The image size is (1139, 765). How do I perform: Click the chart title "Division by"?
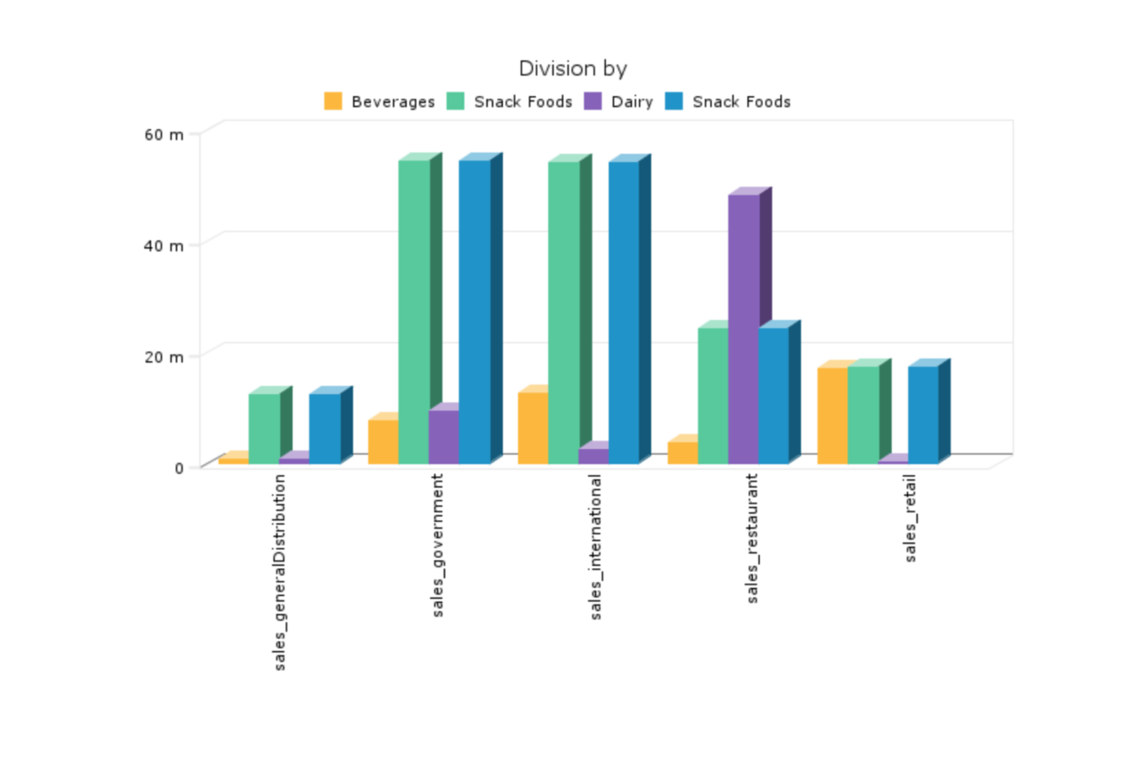click(x=573, y=68)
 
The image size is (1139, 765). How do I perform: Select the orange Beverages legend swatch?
click(x=334, y=101)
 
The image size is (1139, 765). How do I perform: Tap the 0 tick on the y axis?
click(x=179, y=468)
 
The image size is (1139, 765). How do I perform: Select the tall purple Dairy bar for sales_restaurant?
click(x=744, y=328)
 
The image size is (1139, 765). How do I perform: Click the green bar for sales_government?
click(x=414, y=311)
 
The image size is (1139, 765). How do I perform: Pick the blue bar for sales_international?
click(x=624, y=312)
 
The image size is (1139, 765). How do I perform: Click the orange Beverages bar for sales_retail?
click(x=832, y=415)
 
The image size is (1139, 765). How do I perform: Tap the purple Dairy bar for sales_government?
click(x=443, y=436)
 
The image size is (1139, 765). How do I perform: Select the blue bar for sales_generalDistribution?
click(x=325, y=428)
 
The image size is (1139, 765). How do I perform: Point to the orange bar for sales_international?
click(x=532, y=427)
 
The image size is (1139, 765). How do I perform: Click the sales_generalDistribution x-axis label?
click(x=280, y=571)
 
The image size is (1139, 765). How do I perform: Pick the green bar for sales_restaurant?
click(x=713, y=395)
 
